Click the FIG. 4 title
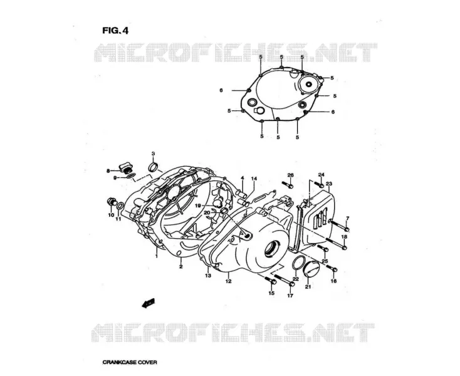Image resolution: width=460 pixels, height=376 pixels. click(x=115, y=31)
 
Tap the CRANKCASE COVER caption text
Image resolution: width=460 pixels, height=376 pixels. click(x=130, y=362)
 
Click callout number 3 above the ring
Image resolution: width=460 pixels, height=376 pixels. click(x=153, y=154)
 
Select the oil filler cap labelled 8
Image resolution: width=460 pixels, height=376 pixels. click(x=126, y=168)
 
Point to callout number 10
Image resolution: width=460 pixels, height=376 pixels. click(x=111, y=215)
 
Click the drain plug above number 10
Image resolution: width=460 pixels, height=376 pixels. click(x=112, y=202)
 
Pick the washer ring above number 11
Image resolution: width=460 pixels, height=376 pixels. click(x=120, y=206)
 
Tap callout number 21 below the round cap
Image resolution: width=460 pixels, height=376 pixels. click(x=308, y=287)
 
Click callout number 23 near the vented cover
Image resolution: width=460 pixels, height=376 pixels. click(x=329, y=184)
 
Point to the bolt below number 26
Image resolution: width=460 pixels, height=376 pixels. click(x=288, y=185)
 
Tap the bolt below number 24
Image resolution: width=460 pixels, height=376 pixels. click(x=320, y=184)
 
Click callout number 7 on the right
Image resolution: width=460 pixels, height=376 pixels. click(x=347, y=218)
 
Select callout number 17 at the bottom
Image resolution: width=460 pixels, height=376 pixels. click(x=290, y=296)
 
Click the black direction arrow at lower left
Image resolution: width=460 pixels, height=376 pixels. click(x=148, y=303)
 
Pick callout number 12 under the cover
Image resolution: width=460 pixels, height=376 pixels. click(x=228, y=281)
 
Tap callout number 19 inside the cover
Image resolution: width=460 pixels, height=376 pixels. click(x=198, y=206)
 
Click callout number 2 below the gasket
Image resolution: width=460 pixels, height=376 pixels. click(x=181, y=266)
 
